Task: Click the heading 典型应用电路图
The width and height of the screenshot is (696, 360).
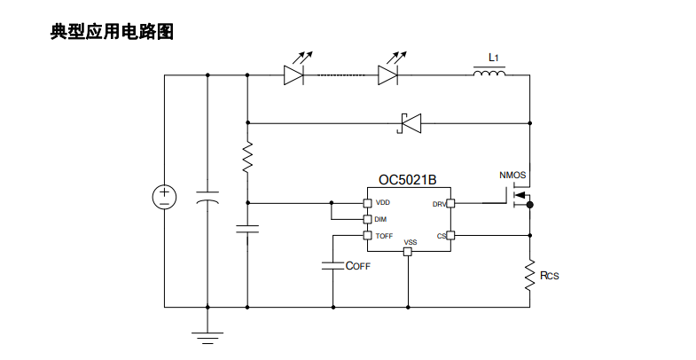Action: [112, 32]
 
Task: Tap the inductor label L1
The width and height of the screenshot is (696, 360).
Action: [494, 58]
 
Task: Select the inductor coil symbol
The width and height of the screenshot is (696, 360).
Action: [489, 73]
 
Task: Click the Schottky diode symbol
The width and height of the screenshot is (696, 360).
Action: [409, 123]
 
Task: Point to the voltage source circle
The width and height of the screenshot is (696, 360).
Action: [164, 197]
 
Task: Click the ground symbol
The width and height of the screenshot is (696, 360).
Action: [207, 338]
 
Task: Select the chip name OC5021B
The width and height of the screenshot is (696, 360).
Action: [407, 180]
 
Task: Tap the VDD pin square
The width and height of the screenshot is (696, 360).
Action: [367, 203]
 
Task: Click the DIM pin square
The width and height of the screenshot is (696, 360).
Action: [367, 219]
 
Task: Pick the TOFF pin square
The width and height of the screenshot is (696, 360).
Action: [367, 235]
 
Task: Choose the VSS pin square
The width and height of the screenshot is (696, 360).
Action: [407, 252]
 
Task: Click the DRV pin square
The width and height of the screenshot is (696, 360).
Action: [450, 203]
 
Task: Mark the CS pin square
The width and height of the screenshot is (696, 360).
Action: [450, 235]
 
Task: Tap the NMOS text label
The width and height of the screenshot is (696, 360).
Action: [512, 176]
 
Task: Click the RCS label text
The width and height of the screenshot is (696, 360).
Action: [549, 276]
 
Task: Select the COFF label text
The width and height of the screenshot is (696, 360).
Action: [358, 266]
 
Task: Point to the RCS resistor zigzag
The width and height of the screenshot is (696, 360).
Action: [529, 275]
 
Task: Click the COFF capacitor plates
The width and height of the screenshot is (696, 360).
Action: [332, 265]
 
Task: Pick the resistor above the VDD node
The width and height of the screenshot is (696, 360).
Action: [247, 157]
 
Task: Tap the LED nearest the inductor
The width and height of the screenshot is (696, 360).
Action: [387, 75]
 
